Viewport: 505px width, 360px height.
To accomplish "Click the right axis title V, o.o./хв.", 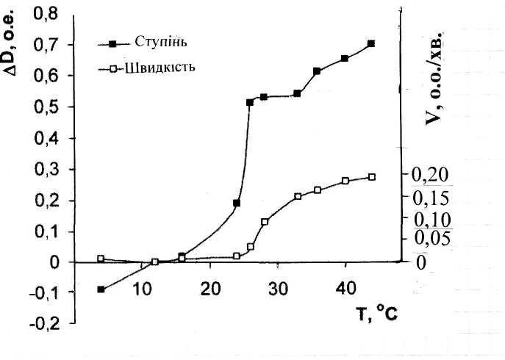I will pyautogui.click(x=436, y=78).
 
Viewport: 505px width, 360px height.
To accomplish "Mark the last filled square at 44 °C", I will pyautogui.click(x=371, y=43).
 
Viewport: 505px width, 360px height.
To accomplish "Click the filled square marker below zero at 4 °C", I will pyautogui.click(x=101, y=289).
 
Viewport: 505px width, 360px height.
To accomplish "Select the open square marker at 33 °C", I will pyautogui.click(x=298, y=197).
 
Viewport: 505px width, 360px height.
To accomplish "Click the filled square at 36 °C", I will pyautogui.click(x=317, y=71).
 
